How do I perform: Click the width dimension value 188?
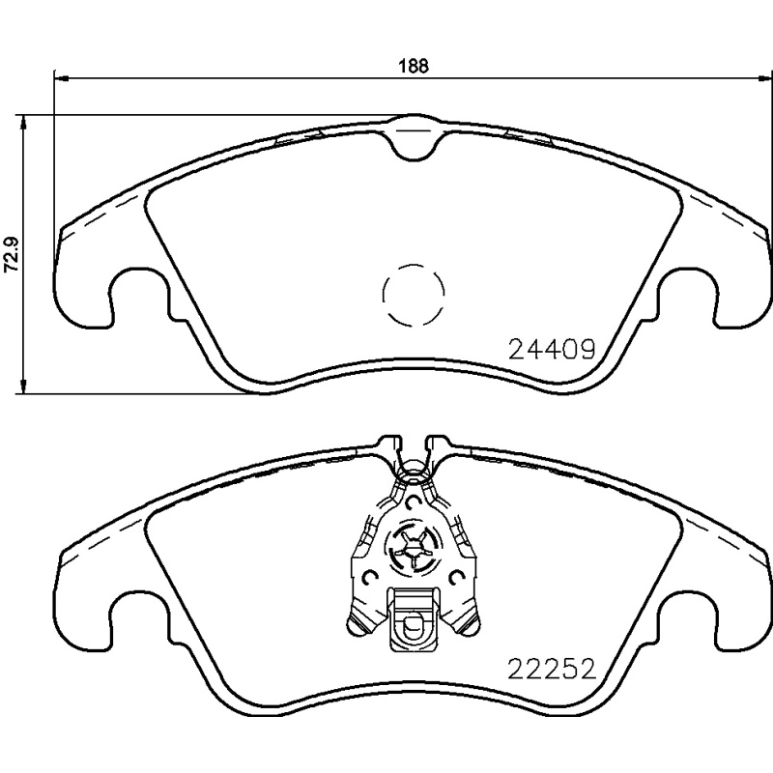(x=415, y=67)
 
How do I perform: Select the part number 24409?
(x=550, y=348)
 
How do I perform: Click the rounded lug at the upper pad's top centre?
(x=415, y=135)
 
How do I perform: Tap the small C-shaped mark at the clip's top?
(x=414, y=502)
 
